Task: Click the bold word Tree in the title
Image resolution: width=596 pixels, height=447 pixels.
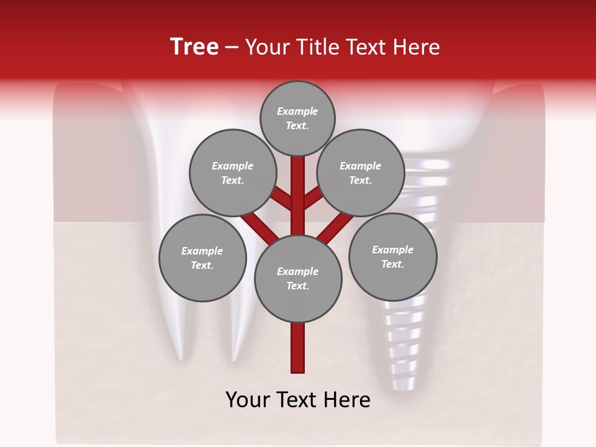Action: point(194,47)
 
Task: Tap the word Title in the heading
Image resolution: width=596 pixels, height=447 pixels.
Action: point(314,47)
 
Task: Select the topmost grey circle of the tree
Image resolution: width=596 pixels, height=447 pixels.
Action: point(297,118)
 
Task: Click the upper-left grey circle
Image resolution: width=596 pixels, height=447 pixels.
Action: point(232,173)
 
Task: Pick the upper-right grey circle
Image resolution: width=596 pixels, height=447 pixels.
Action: point(360,173)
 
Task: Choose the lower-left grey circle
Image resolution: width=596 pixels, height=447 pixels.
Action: point(202,258)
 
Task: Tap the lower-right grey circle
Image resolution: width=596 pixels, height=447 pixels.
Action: point(392,256)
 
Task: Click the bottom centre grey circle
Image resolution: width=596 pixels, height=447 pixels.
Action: point(298,279)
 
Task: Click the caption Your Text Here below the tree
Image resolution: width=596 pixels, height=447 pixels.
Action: point(298,400)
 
